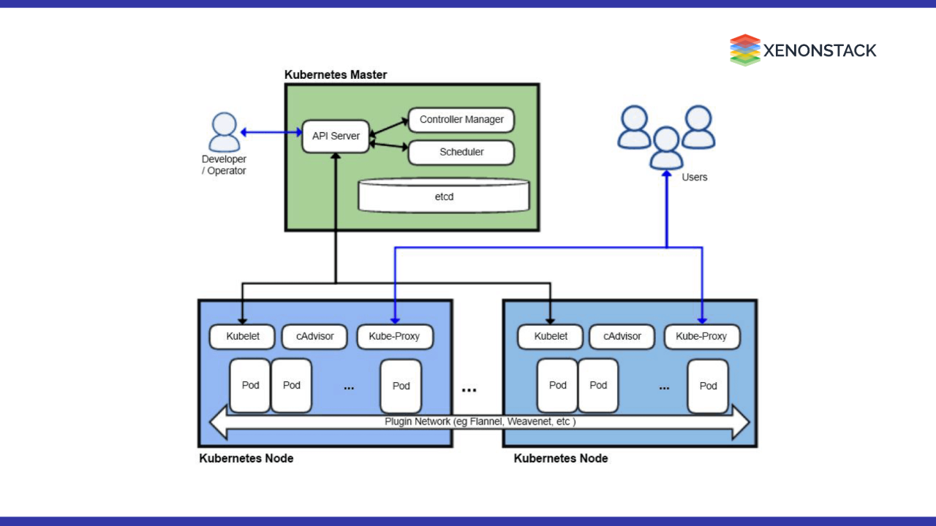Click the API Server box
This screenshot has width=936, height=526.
(x=336, y=136)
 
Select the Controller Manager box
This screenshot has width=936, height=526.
(x=461, y=119)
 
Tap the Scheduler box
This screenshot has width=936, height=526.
(x=461, y=152)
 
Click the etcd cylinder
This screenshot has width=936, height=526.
(x=443, y=196)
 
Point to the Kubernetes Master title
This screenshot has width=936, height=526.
(x=336, y=75)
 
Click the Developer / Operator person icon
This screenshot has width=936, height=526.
(x=224, y=132)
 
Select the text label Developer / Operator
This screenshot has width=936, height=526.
(x=224, y=165)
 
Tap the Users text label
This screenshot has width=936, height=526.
(x=694, y=177)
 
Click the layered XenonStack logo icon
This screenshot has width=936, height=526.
(x=744, y=50)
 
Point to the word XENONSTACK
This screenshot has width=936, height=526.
(x=820, y=50)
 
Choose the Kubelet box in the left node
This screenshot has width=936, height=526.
(x=244, y=336)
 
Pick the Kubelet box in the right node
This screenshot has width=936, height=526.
(x=551, y=336)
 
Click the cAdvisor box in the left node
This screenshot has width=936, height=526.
(x=314, y=336)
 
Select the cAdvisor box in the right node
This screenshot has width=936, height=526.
(x=622, y=336)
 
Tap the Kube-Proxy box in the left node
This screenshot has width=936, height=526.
(x=395, y=336)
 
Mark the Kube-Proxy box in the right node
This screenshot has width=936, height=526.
(x=702, y=336)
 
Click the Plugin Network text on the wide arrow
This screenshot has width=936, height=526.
(x=480, y=422)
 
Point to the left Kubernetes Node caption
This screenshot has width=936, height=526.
(x=246, y=458)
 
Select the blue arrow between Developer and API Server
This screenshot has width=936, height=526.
(x=271, y=132)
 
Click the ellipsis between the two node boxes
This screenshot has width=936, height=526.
(x=469, y=390)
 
